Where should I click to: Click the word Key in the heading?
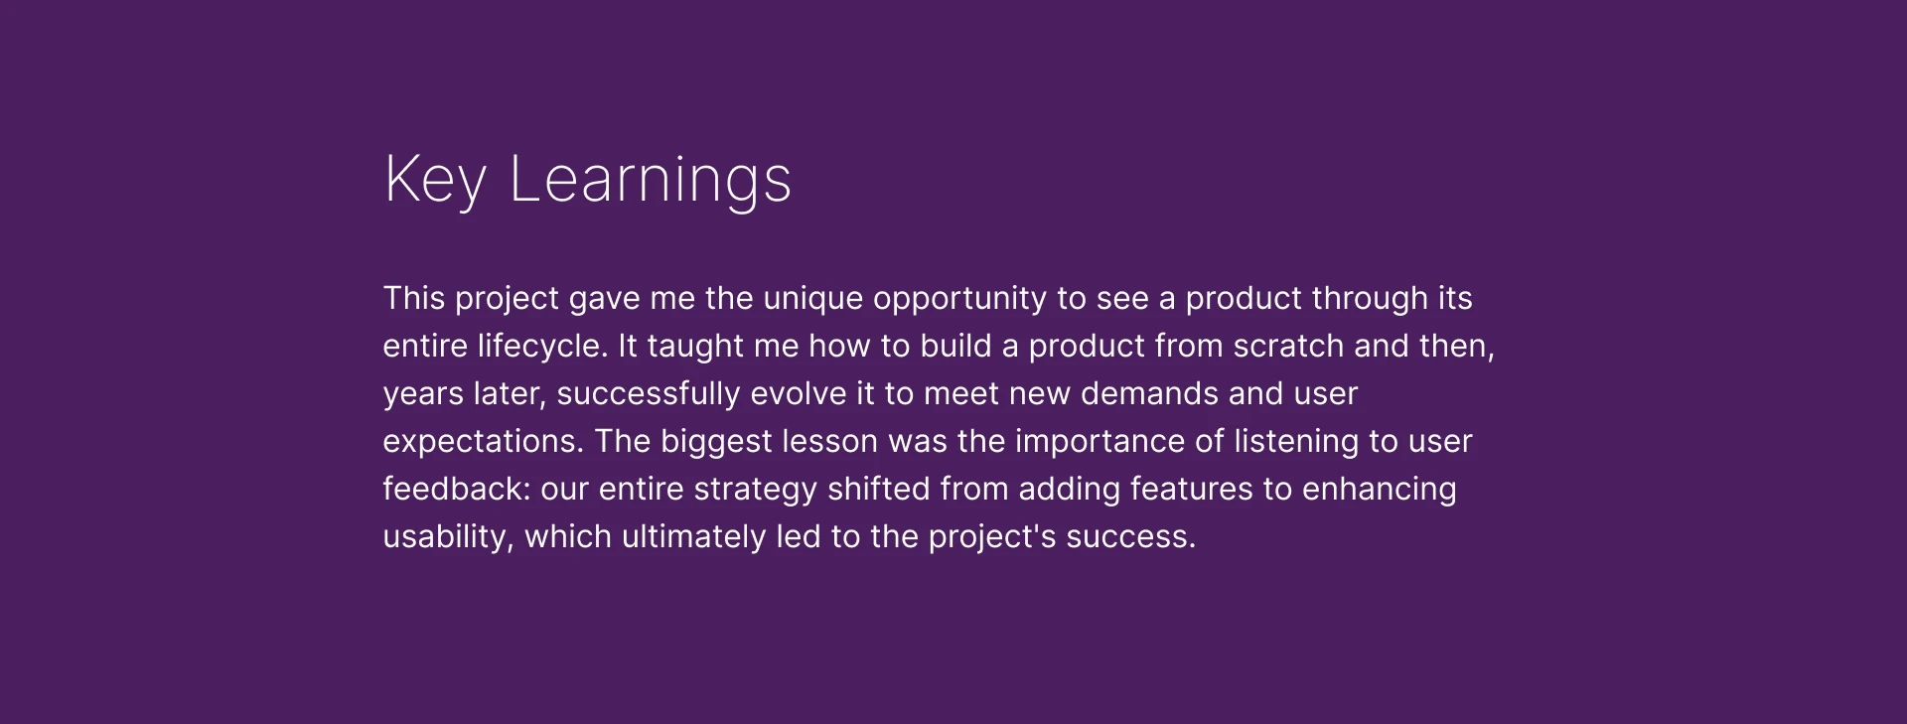click(x=435, y=181)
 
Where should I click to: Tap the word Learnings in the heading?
click(x=651, y=181)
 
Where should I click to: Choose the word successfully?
click(x=648, y=393)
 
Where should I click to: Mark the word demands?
click(x=1149, y=393)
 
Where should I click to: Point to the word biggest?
click(x=716, y=441)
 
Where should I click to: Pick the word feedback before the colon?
click(x=453, y=489)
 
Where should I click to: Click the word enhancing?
click(x=1380, y=489)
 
